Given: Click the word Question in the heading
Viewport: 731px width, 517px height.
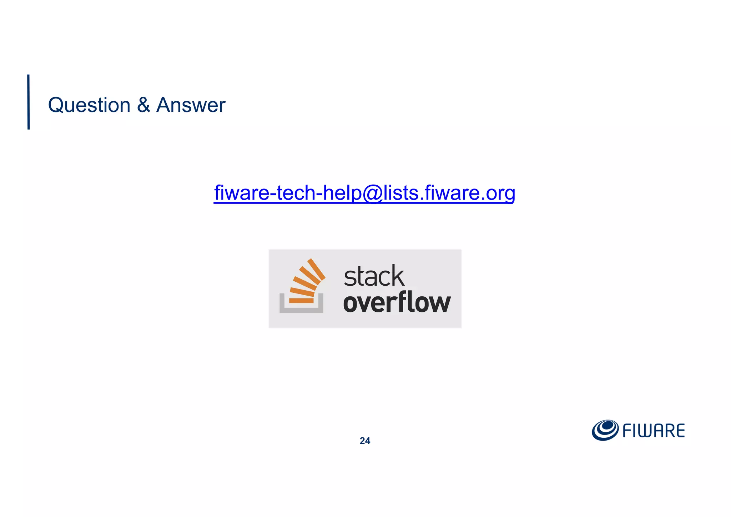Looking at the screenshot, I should [x=89, y=105].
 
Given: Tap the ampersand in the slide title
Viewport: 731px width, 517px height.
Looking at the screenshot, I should [x=143, y=105].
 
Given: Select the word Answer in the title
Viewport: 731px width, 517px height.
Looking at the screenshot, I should [x=191, y=105].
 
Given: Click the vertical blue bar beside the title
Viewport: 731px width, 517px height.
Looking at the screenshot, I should [x=29, y=102].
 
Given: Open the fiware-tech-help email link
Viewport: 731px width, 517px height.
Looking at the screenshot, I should [x=364, y=193].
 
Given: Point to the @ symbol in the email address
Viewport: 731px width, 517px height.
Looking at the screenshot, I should [x=373, y=194].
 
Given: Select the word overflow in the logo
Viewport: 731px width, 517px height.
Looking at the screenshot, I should [x=397, y=303].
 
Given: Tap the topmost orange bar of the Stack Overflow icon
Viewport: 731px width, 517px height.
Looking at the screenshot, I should [x=317, y=269].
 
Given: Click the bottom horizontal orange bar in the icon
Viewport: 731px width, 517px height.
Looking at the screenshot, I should [x=301, y=301].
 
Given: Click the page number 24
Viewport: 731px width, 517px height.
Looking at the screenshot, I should [x=365, y=441].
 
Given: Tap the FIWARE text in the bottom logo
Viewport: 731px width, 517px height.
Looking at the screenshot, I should [x=654, y=431].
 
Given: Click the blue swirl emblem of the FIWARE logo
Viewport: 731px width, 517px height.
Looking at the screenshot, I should [x=605, y=430].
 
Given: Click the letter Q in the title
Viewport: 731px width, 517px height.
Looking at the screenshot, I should [x=56, y=105].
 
